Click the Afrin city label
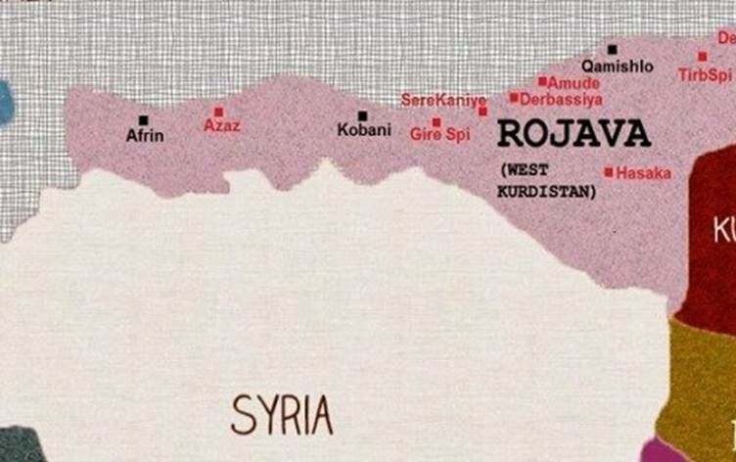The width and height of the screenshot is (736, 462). pos(145,136)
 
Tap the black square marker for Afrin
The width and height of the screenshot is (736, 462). pos(144,120)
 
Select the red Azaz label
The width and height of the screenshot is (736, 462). pos(221,126)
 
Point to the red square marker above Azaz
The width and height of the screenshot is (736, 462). pos(219,112)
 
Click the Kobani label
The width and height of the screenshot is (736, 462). pos(364,130)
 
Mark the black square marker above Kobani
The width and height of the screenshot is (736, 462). pos(362,115)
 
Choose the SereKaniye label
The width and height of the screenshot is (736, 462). pos(443,100)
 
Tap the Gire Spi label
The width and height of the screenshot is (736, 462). pos(439,135)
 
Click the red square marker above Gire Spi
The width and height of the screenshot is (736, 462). pos(437,122)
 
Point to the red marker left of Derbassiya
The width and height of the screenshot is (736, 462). pos(514,98)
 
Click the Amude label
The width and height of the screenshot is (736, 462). pos(574,83)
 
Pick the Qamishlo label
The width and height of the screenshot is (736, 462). pos(617,66)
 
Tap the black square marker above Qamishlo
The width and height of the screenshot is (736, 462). pos(613,49)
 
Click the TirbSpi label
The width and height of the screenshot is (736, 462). pos(705,74)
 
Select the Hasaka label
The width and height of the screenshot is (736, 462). pos(643,172)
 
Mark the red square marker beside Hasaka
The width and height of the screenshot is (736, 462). pos(609,172)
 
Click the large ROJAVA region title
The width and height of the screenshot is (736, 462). pos(574,133)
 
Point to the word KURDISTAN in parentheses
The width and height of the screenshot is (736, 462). pos(546,192)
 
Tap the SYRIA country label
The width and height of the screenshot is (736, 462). pos(282,415)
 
